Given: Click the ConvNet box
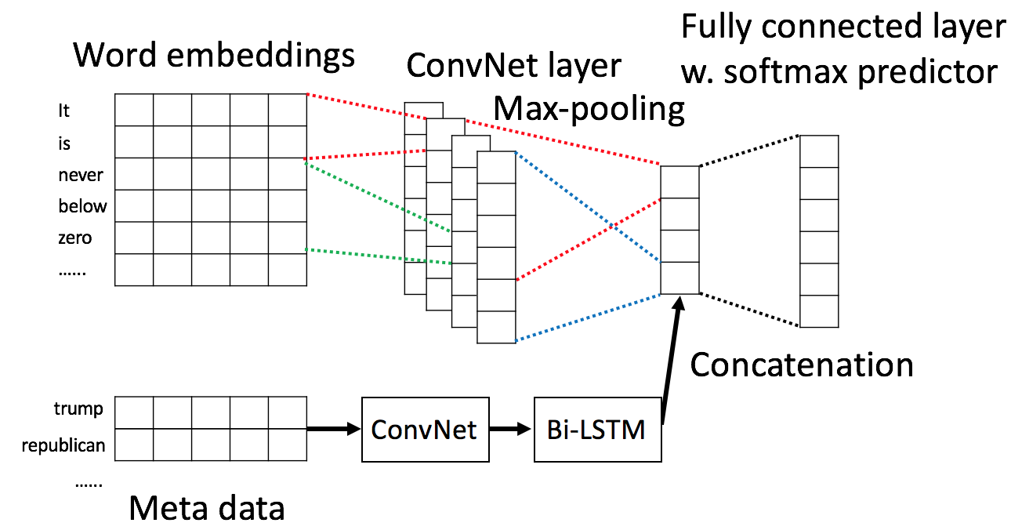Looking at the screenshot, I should pos(424,430).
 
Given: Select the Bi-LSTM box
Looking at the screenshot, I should pos(597,430).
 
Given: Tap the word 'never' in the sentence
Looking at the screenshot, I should pos(81,175).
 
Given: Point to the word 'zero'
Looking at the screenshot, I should pos(75,238).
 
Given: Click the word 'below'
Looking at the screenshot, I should pos(82,207).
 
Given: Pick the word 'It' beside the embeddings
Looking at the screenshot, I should pos(64,111).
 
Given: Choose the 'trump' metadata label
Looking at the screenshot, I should pos(78,409).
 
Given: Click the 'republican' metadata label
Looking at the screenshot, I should pos(63,446).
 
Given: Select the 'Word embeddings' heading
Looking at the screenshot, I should pos(214,56).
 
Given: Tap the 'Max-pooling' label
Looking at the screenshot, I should pos(589,109).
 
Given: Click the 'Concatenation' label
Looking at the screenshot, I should pos(802,365).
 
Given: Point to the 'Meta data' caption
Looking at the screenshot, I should pos(207,508).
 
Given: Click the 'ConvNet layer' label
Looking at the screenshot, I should pos(514,66).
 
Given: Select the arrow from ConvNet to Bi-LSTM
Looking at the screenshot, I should pos(510,430).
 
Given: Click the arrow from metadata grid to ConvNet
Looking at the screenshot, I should pos(332,429).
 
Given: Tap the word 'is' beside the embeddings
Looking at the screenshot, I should pos(64,143).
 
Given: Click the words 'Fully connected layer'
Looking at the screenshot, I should pos(843,27).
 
